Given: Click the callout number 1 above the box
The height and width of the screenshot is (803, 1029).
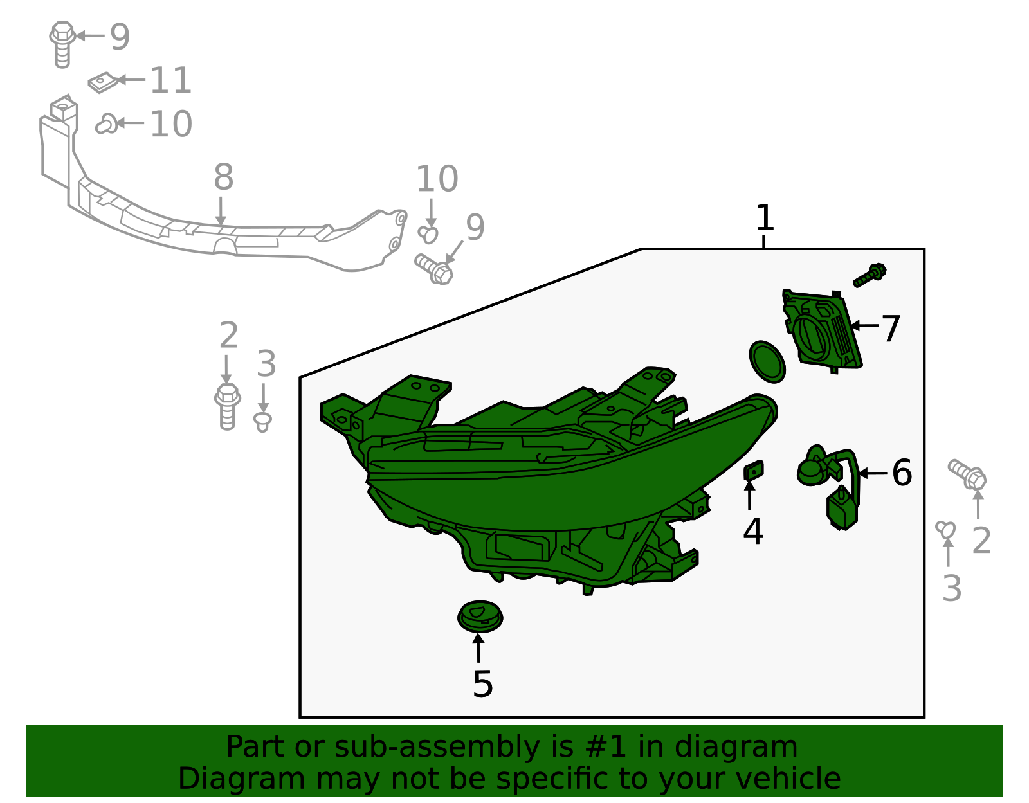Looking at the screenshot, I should [x=764, y=219].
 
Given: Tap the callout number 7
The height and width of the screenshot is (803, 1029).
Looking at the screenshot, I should [x=891, y=329].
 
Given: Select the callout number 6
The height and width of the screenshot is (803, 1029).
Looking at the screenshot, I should [x=902, y=473].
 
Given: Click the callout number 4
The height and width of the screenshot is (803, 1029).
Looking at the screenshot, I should [x=752, y=532].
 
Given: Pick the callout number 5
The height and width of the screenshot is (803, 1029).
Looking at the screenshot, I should [x=482, y=684].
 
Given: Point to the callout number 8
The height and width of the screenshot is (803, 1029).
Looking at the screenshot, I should [x=223, y=177].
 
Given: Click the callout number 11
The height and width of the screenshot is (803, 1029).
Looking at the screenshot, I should [x=170, y=81].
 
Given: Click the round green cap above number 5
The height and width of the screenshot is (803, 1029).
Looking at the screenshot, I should [x=480, y=617].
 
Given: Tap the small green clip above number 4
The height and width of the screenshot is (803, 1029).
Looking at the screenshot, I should [x=753, y=471].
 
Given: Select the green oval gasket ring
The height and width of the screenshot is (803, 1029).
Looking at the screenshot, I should [x=767, y=361].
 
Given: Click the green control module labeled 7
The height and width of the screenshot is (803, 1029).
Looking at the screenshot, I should [x=822, y=331].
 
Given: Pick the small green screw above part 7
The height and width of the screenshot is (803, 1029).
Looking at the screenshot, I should [x=870, y=275].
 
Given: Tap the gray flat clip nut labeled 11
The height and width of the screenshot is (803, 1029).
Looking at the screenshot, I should [x=104, y=82].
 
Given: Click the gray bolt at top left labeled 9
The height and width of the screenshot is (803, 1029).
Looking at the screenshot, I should [x=62, y=44].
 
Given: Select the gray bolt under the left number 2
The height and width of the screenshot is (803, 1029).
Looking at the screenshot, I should [x=227, y=406].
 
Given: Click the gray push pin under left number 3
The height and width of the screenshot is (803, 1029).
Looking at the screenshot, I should [x=262, y=422].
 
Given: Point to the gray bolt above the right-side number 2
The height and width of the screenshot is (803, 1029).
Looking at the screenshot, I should [x=968, y=474].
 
